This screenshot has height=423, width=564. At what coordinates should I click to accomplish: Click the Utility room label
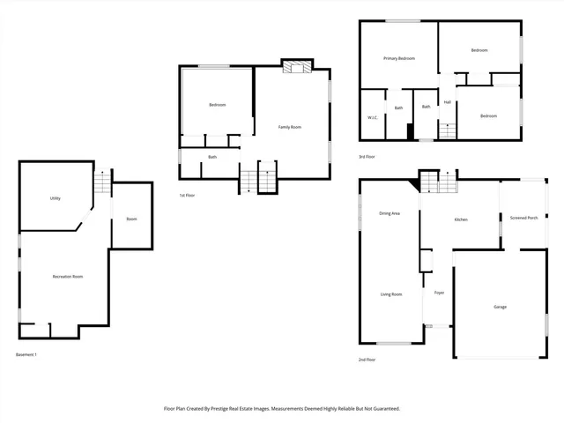pos(55,198)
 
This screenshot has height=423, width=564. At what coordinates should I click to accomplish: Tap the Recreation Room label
pos(66,277)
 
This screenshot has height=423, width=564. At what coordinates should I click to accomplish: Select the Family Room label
pos(290,127)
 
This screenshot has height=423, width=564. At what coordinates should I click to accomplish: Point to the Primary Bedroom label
pos(398,58)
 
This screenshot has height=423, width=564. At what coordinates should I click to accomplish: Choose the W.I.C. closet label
pos(373,117)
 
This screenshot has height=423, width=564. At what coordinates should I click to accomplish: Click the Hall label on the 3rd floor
pos(448,102)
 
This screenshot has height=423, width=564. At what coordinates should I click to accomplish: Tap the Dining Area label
pos(390,213)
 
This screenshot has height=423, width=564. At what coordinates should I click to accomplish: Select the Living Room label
pos(391,294)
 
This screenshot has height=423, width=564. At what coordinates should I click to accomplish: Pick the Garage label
pos(500,307)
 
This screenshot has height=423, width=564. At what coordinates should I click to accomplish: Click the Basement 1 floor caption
pos(26,354)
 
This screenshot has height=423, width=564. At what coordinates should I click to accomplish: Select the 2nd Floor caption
pos(367,360)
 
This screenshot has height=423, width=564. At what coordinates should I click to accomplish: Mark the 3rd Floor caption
pos(367,157)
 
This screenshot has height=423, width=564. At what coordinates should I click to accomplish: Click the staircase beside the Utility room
pos(103,183)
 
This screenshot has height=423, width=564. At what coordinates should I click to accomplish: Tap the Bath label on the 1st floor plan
pos(212,157)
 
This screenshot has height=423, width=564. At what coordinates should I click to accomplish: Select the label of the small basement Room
pos(131,219)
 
